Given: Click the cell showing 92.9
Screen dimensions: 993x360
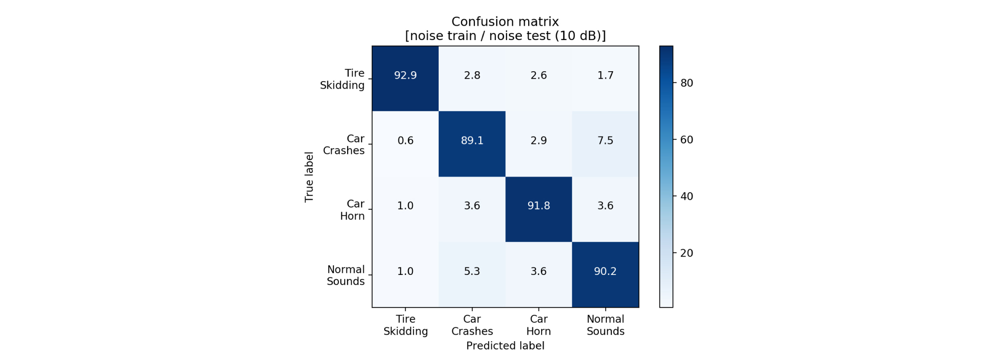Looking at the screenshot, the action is [406, 79].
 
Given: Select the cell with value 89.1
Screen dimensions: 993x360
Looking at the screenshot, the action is [472, 144].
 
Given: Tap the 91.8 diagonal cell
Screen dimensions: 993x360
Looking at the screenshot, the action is [539, 209].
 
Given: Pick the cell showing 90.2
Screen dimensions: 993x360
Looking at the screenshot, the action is [605, 274].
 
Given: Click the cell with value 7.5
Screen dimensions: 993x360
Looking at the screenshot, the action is [605, 144].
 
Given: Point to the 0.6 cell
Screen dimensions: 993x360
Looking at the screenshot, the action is [406, 144].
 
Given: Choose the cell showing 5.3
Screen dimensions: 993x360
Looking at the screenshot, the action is [472, 274].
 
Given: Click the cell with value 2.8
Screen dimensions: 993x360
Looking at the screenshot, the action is [472, 79].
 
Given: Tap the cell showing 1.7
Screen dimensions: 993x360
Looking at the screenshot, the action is [605, 79].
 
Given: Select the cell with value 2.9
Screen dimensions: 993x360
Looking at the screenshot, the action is [539, 144].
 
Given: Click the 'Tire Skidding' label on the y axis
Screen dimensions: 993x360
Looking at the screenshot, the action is [342, 79].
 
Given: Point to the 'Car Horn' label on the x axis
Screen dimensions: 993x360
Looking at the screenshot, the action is [539, 325].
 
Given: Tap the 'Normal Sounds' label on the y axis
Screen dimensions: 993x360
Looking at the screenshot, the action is [346, 275].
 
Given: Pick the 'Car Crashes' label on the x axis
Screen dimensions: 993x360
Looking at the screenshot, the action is [472, 325].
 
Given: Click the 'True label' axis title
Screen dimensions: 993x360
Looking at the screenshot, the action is [309, 177].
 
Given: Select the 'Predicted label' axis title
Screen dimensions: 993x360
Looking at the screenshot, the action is [505, 346].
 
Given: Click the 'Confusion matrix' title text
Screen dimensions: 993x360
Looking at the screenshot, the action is [505, 22].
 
